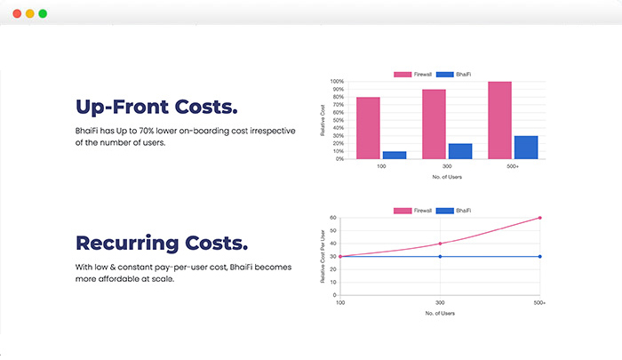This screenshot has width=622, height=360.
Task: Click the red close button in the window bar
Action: (x=15, y=14)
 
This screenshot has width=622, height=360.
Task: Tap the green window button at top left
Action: (x=42, y=14)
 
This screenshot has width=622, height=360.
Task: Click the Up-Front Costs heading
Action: (x=156, y=108)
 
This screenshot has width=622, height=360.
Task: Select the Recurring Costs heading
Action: (x=162, y=244)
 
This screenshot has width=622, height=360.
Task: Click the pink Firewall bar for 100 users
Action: (x=368, y=127)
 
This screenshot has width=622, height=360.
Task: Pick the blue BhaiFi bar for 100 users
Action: (x=394, y=155)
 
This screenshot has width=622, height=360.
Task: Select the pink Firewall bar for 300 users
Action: (x=434, y=124)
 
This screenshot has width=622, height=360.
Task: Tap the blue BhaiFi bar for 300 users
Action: (x=459, y=151)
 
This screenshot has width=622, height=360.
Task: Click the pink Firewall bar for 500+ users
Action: (x=500, y=120)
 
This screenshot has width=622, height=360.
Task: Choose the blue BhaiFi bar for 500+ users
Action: (x=526, y=147)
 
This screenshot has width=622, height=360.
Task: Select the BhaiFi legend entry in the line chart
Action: (x=456, y=210)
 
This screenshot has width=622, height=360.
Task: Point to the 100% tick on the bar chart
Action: (x=338, y=82)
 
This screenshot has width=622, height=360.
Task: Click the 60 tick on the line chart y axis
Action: (x=333, y=218)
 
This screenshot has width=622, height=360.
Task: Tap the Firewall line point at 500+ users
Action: (x=539, y=218)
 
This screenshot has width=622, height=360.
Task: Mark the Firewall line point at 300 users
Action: (x=440, y=244)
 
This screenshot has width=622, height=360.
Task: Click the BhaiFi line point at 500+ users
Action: (x=539, y=257)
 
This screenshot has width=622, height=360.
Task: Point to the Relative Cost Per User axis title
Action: (x=323, y=256)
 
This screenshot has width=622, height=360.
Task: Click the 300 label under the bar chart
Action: (x=447, y=166)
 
